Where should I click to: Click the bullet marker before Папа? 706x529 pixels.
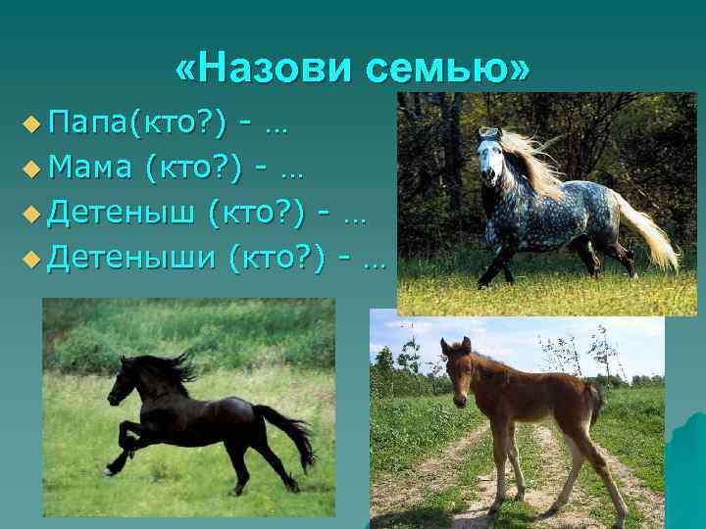click(33, 124)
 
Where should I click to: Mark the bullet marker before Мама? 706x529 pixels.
click(33, 168)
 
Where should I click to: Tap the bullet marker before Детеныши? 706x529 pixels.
click(33, 258)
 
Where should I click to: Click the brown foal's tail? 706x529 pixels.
click(594, 402)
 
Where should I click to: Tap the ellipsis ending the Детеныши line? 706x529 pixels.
click(373, 262)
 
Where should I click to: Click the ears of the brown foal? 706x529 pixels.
click(455, 344)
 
